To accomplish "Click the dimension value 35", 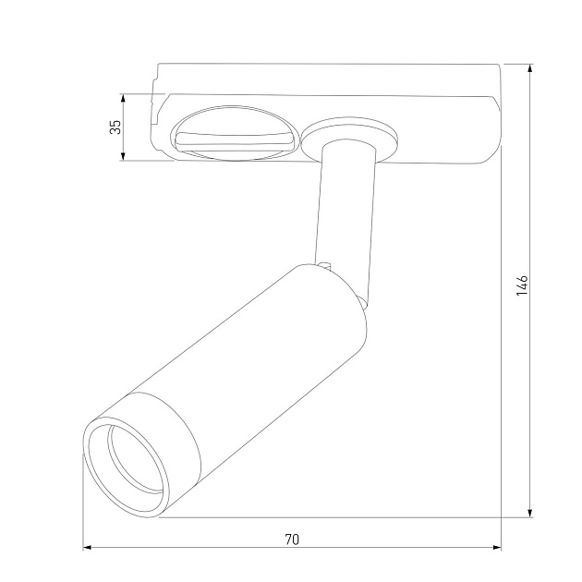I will (115, 127).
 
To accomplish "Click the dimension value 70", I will (292, 538).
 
